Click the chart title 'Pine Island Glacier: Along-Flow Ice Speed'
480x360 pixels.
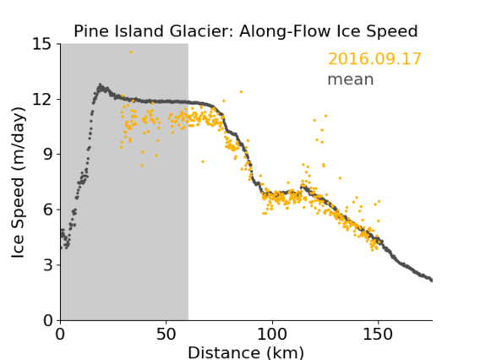(x=246, y=31)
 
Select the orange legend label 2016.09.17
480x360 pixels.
(x=374, y=59)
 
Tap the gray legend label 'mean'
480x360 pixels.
(x=351, y=79)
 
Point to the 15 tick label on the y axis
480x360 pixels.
(x=42, y=44)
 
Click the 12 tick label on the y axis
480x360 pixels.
(x=42, y=99)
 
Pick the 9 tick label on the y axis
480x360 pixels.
(x=47, y=155)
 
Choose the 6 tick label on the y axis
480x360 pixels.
(x=47, y=210)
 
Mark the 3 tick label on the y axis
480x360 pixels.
(x=47, y=265)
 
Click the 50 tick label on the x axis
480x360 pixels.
(x=166, y=334)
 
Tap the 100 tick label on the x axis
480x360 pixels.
(x=272, y=334)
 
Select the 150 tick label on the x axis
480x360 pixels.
(x=378, y=334)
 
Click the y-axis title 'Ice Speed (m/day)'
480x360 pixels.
(x=18, y=183)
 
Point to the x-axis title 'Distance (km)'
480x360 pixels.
(x=246, y=352)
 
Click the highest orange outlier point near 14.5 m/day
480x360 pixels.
(x=131, y=52)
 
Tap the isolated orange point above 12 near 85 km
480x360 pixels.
(x=241, y=92)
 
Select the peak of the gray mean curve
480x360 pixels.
(x=100, y=85)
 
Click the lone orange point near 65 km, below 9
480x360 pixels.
(x=203, y=161)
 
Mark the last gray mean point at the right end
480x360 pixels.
(x=431, y=280)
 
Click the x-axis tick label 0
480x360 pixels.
(x=60, y=334)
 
